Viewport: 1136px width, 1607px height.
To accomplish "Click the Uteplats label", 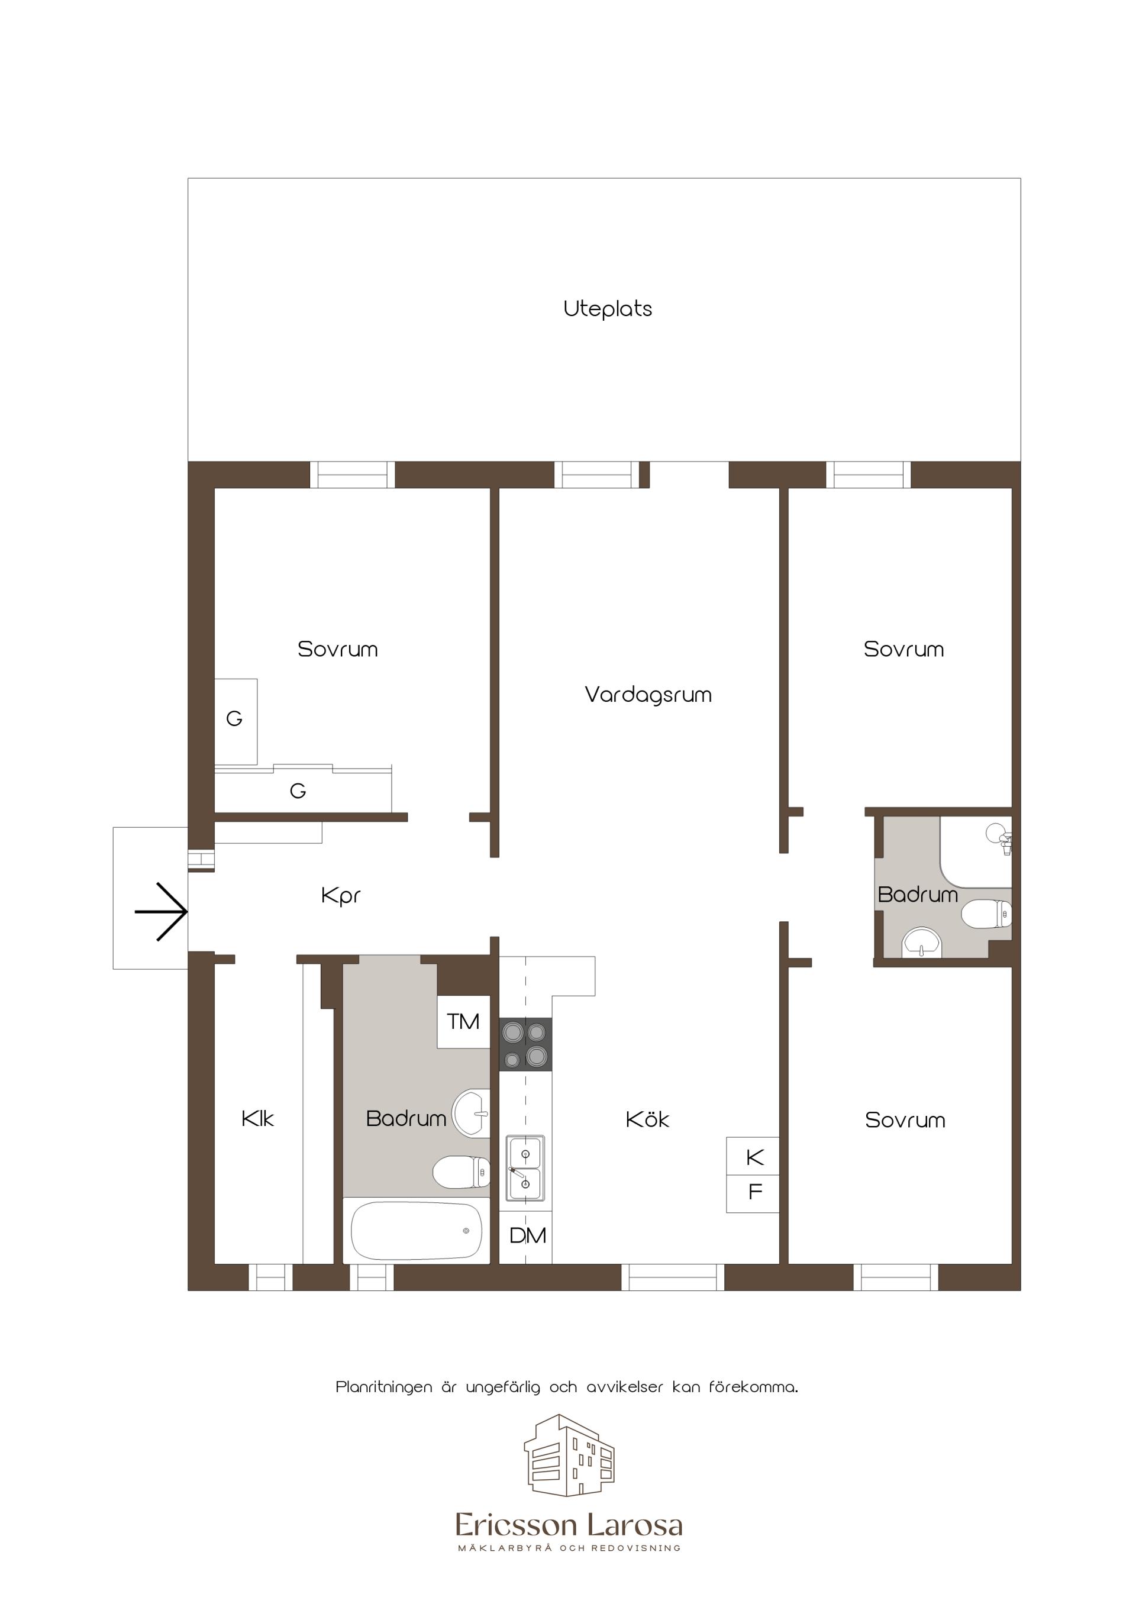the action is point(608,309).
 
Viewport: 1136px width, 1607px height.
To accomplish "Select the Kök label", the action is point(647,1119).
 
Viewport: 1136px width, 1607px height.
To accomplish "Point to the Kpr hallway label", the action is point(341,896).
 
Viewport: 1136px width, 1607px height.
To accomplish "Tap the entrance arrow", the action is point(161,911).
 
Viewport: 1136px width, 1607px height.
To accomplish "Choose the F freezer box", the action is point(753,1194).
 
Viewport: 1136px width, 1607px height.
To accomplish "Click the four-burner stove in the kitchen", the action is point(525,1044).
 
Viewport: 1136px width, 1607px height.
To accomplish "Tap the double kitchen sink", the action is point(525,1168).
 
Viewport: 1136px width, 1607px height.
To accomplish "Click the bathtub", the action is point(417,1231).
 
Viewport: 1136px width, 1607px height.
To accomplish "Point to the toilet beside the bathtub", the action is point(461,1172).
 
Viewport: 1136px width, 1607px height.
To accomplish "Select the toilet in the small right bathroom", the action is point(986,914).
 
